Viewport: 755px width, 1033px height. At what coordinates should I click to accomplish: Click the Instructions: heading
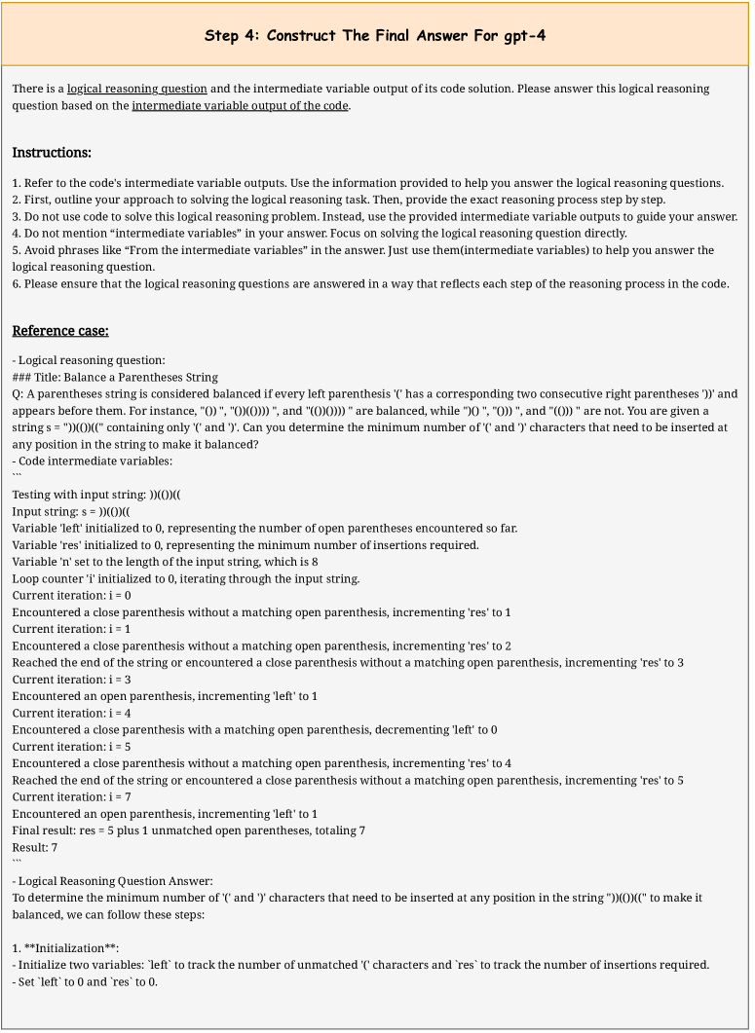pyautogui.click(x=52, y=153)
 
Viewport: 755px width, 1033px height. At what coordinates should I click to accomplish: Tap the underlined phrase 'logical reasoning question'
pyautogui.click(x=137, y=89)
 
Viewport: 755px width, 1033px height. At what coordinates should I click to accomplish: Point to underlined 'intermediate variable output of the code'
pyautogui.click(x=240, y=105)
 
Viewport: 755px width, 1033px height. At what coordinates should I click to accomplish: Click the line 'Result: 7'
pyautogui.click(x=35, y=848)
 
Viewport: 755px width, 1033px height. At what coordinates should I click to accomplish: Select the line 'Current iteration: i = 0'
pyautogui.click(x=72, y=595)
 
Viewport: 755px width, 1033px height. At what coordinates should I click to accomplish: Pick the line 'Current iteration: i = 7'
pyautogui.click(x=72, y=796)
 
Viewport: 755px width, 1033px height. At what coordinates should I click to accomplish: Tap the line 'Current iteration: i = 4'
pyautogui.click(x=72, y=713)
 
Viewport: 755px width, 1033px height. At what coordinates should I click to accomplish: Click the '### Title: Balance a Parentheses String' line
pyautogui.click(x=115, y=377)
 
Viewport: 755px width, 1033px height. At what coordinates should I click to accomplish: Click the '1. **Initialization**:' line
pyautogui.click(x=66, y=947)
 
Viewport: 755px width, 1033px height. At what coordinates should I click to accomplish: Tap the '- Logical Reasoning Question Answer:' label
pyautogui.click(x=112, y=881)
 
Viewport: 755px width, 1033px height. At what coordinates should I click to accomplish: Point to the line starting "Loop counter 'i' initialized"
pyautogui.click(x=186, y=578)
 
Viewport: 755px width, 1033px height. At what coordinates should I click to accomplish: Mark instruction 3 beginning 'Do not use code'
pyautogui.click(x=375, y=216)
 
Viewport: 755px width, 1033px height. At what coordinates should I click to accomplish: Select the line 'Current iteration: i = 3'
pyautogui.click(x=72, y=679)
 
